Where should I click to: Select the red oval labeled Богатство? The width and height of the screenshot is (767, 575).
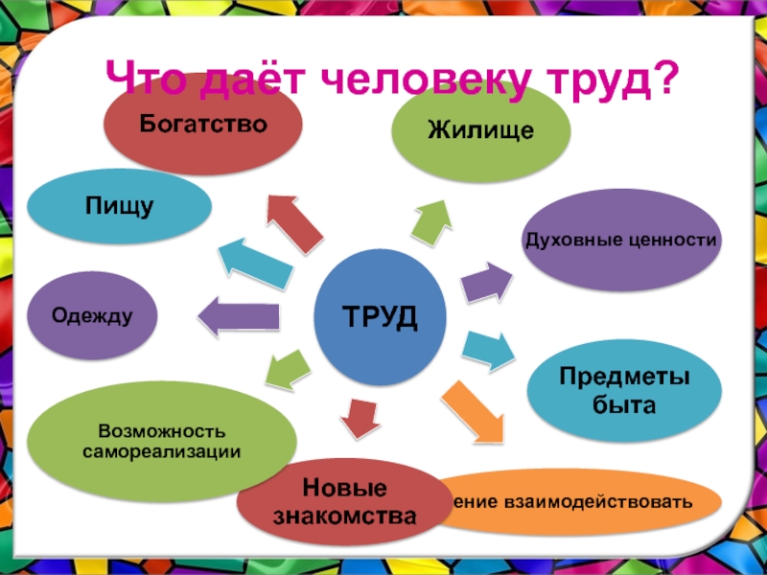203,125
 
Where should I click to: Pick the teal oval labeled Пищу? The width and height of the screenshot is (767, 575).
120,207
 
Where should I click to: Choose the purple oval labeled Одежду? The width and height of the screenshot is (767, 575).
92,315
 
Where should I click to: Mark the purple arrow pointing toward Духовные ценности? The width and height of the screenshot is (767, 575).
485,281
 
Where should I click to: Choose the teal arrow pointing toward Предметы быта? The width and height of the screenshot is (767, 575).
490,351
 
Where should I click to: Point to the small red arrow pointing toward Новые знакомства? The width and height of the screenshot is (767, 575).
360,414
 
